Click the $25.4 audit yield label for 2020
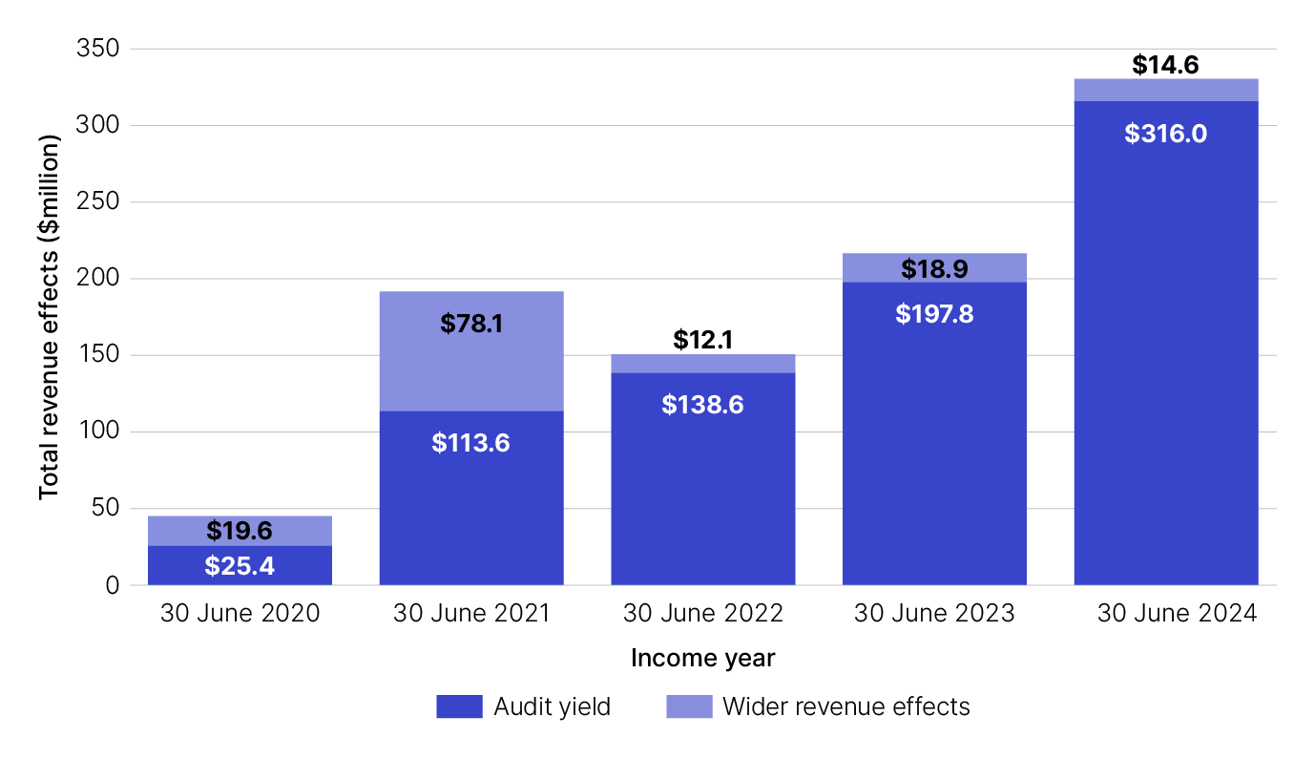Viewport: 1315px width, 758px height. point(240,566)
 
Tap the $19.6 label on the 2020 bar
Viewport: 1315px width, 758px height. point(240,532)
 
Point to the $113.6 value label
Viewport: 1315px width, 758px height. point(471,443)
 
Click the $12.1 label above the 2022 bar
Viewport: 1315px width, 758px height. point(703,339)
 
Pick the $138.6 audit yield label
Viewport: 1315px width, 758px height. point(703,405)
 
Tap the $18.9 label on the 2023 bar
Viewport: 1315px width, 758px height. point(934,269)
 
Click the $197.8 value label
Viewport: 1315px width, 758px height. point(934,314)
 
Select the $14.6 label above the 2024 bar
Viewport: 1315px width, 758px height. point(1165,65)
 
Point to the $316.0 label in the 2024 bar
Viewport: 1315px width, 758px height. point(1165,134)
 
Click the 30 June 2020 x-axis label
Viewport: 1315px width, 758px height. point(240,614)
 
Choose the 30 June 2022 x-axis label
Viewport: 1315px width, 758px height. point(703,614)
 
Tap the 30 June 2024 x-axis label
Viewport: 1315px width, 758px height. point(1176,614)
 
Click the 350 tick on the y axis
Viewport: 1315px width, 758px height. point(98,49)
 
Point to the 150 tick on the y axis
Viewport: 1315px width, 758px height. point(98,355)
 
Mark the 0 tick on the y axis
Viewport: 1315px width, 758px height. point(112,585)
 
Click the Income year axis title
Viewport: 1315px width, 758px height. point(703,659)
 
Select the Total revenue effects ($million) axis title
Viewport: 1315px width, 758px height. point(50,316)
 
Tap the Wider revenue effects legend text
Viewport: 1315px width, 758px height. point(846,707)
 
